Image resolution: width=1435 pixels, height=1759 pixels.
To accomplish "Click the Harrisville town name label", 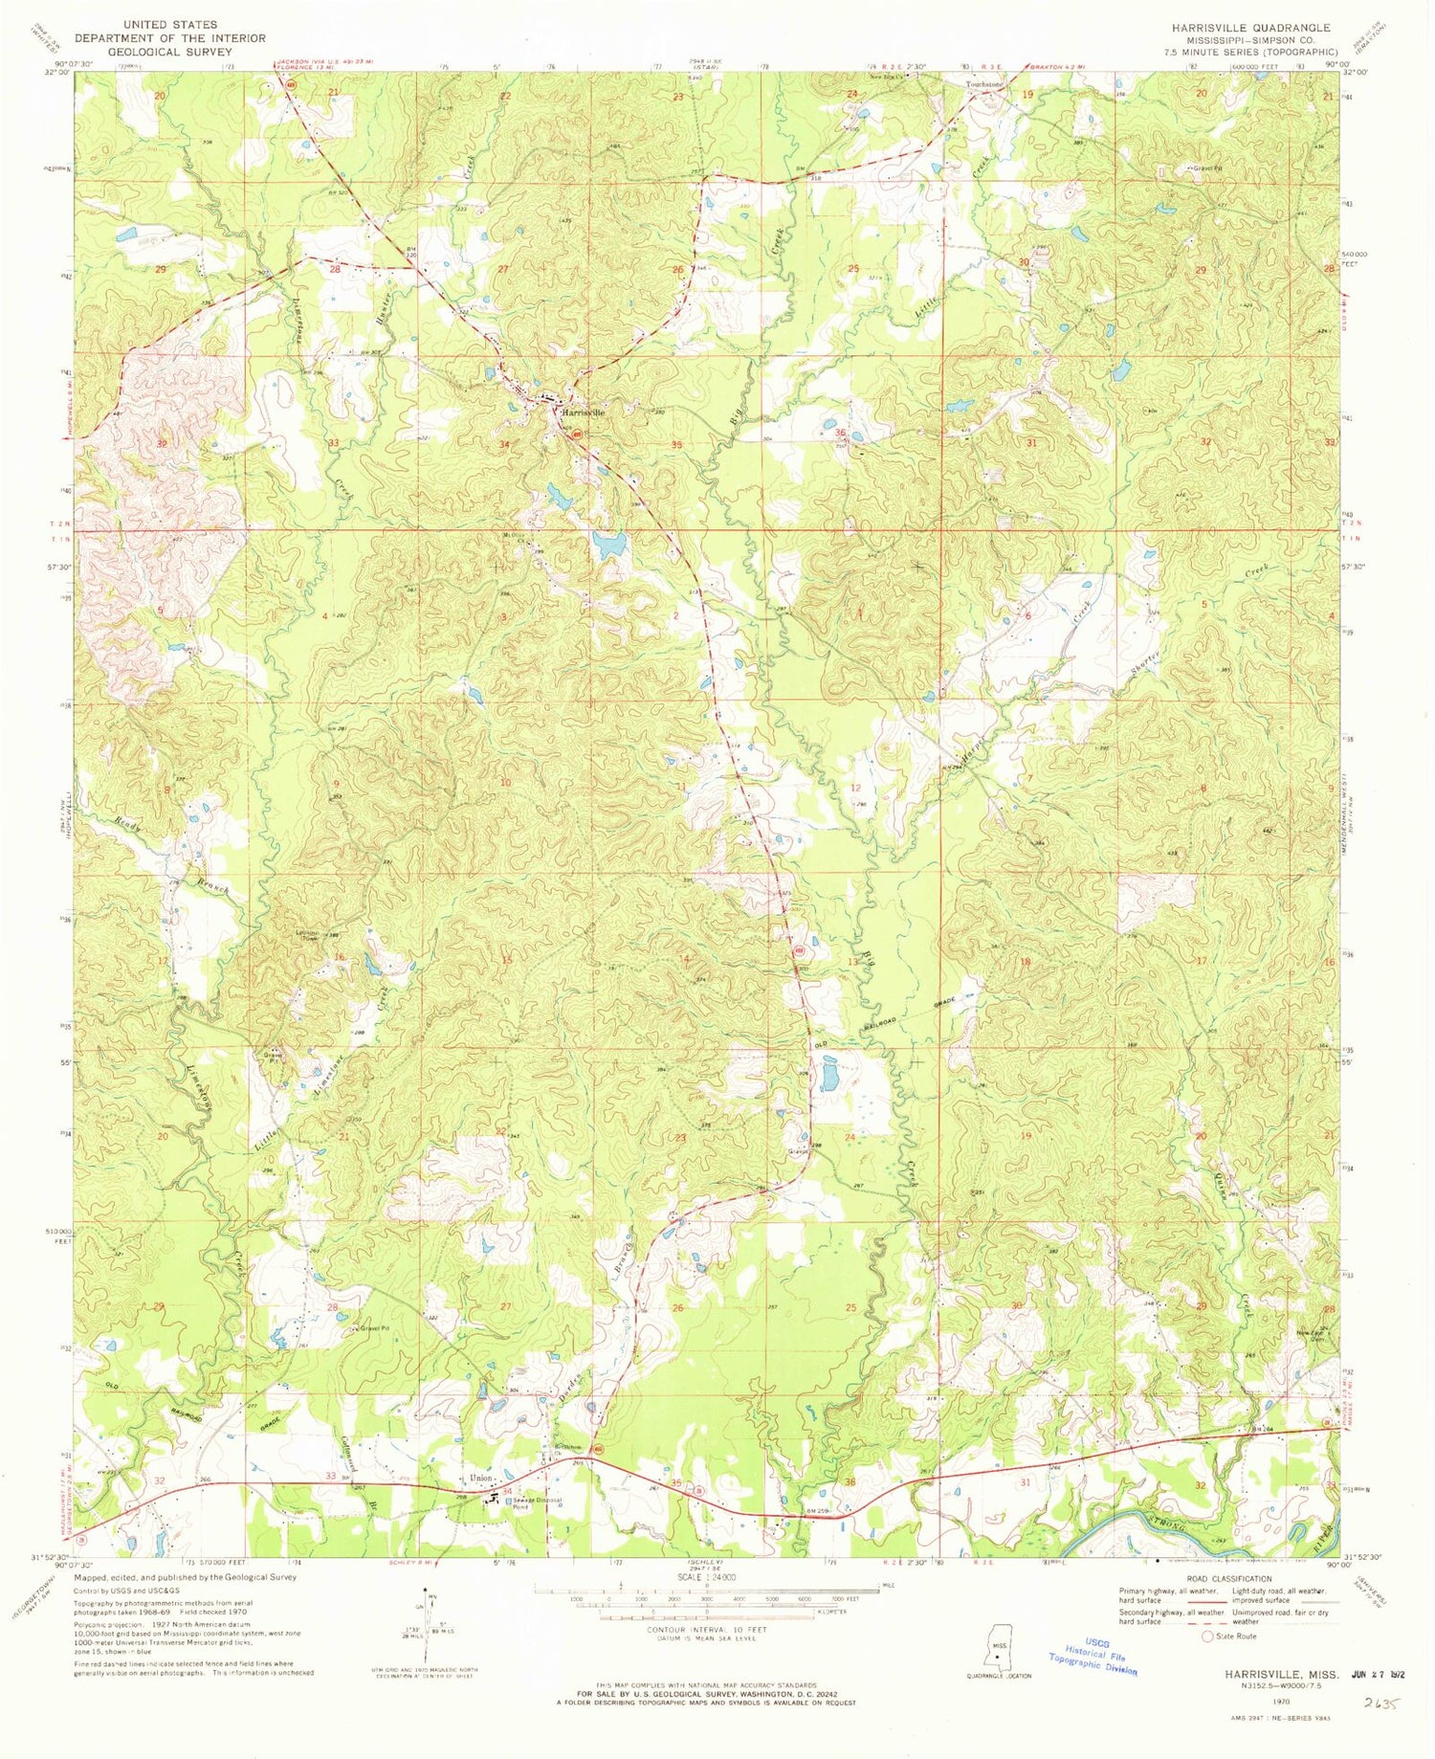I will [583, 412].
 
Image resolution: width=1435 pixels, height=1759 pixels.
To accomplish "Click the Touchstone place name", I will [984, 84].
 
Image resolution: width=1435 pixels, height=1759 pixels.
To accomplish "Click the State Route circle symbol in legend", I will [1207, 1637].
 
